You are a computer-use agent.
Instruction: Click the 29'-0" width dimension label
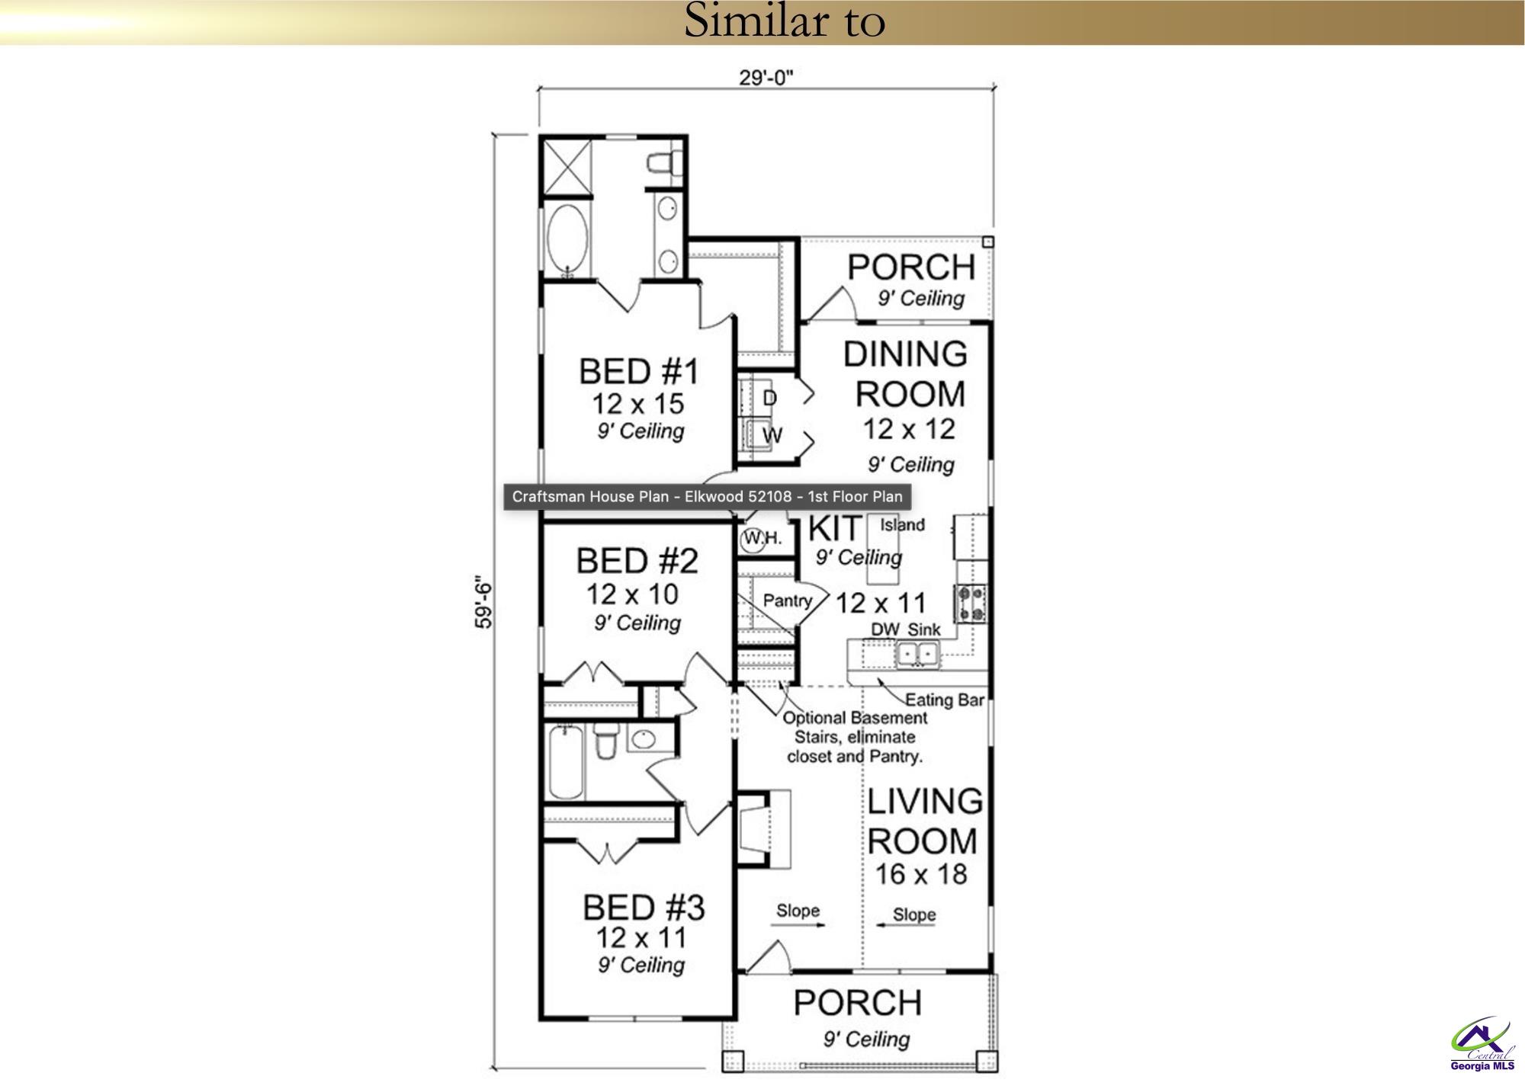(766, 78)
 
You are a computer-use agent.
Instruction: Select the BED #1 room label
(638, 372)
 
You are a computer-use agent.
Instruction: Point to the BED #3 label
(644, 908)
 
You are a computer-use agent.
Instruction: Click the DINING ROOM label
(907, 374)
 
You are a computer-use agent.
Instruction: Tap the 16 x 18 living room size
(920, 874)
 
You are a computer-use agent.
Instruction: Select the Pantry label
(787, 601)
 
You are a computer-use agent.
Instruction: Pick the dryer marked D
(769, 398)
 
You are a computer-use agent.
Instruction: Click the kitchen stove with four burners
(971, 603)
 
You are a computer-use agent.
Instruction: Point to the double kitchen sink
(917, 653)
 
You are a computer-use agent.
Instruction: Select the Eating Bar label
(944, 700)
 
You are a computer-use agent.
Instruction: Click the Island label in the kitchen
(902, 525)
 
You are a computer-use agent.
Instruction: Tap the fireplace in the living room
(764, 828)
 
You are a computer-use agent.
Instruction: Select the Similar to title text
(784, 21)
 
